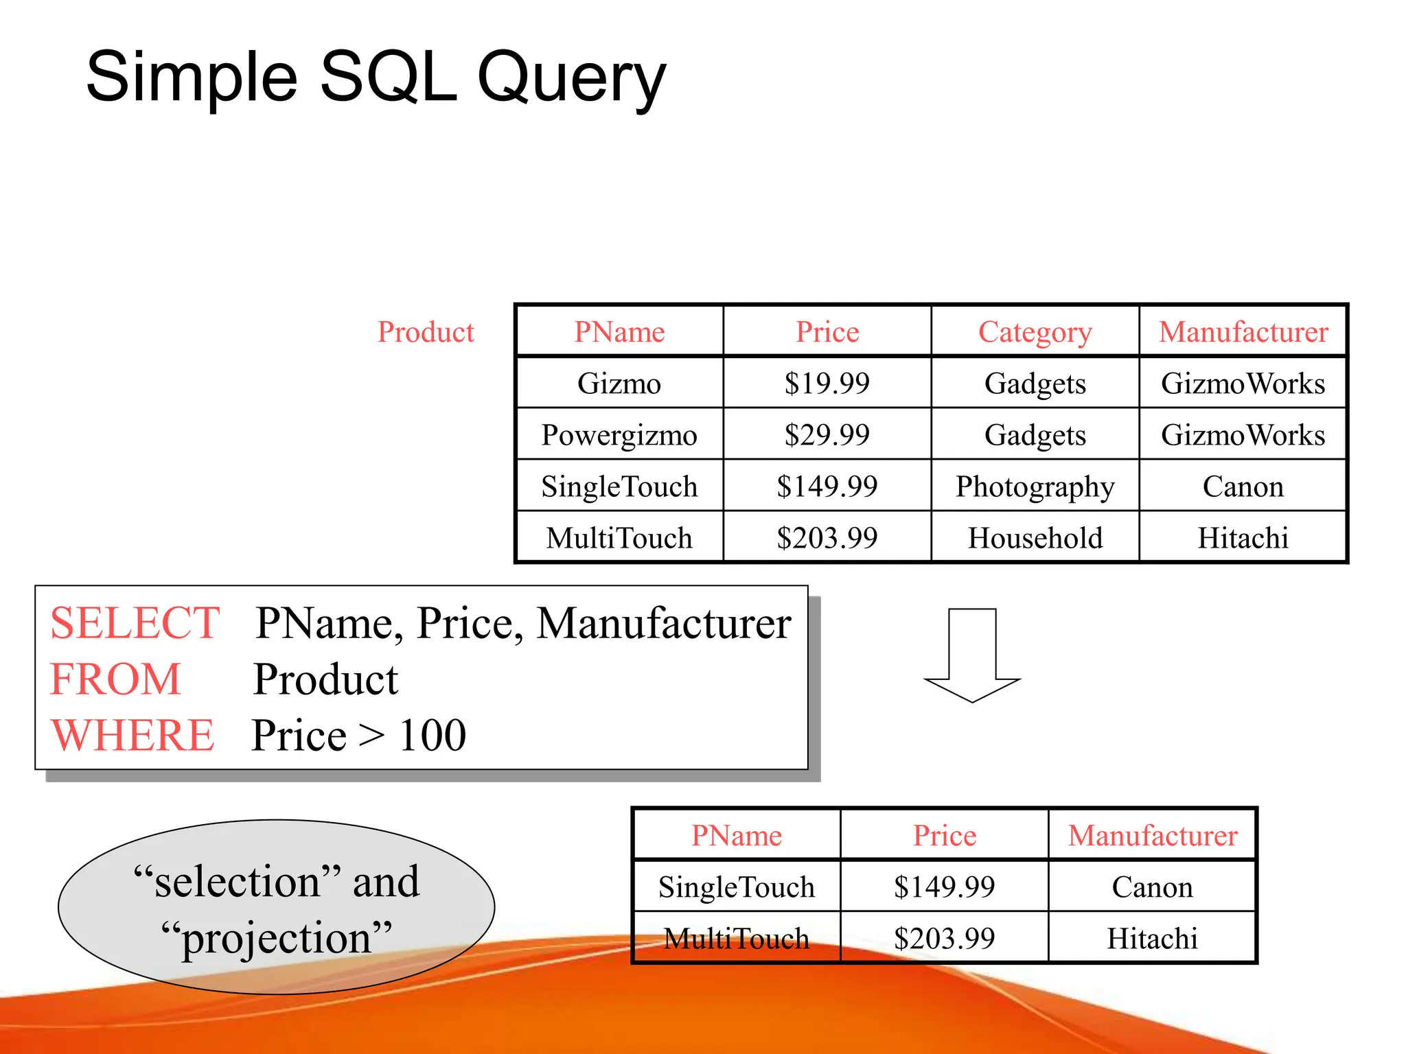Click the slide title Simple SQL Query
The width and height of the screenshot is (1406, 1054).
(376, 77)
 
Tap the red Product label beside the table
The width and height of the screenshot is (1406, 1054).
(426, 332)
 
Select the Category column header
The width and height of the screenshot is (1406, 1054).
(1035, 332)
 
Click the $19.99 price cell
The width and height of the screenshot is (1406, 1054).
(827, 383)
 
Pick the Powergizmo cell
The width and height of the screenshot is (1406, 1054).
(619, 435)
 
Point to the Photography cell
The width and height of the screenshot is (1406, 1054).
(1035, 487)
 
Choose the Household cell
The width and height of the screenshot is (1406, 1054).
(1035, 538)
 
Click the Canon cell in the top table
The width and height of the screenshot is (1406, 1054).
(1243, 487)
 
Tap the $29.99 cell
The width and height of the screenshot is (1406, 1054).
(827, 435)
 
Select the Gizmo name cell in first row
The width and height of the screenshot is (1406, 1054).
(619, 383)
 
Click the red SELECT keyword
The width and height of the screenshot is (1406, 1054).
(135, 623)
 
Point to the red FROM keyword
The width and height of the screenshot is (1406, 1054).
(115, 679)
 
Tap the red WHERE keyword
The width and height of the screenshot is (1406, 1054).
(132, 735)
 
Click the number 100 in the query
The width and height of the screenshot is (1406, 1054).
(433, 735)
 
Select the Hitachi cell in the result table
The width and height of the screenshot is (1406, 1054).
(1152, 938)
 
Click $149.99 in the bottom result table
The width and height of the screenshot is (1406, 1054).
(944, 887)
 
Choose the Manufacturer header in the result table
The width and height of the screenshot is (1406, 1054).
(1152, 835)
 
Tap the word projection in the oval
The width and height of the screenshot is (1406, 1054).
(276, 938)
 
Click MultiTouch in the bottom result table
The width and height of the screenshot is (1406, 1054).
(736, 938)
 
